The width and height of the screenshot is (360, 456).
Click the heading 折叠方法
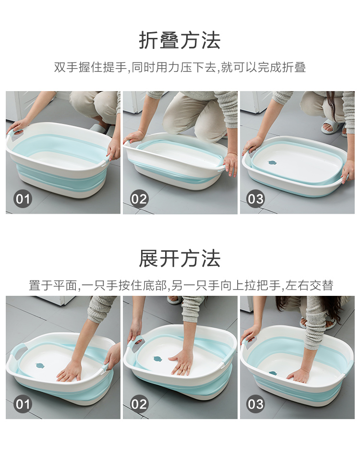[x=180, y=40]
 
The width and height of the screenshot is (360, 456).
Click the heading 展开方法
[x=180, y=258]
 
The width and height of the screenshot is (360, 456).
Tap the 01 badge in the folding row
[x=23, y=199]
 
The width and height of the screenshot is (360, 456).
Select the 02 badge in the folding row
[x=139, y=199]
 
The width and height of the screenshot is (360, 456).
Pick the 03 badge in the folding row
[x=255, y=199]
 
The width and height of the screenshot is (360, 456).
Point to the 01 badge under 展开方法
[x=23, y=404]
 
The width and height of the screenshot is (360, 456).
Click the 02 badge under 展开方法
[x=139, y=404]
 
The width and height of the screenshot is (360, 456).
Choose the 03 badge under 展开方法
[x=255, y=404]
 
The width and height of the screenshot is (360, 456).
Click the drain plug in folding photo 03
[x=272, y=163]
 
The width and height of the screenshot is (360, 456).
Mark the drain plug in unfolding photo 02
[x=158, y=359]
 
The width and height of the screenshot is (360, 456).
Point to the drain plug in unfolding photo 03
[x=273, y=373]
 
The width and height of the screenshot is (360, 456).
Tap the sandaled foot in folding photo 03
[x=333, y=127]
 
